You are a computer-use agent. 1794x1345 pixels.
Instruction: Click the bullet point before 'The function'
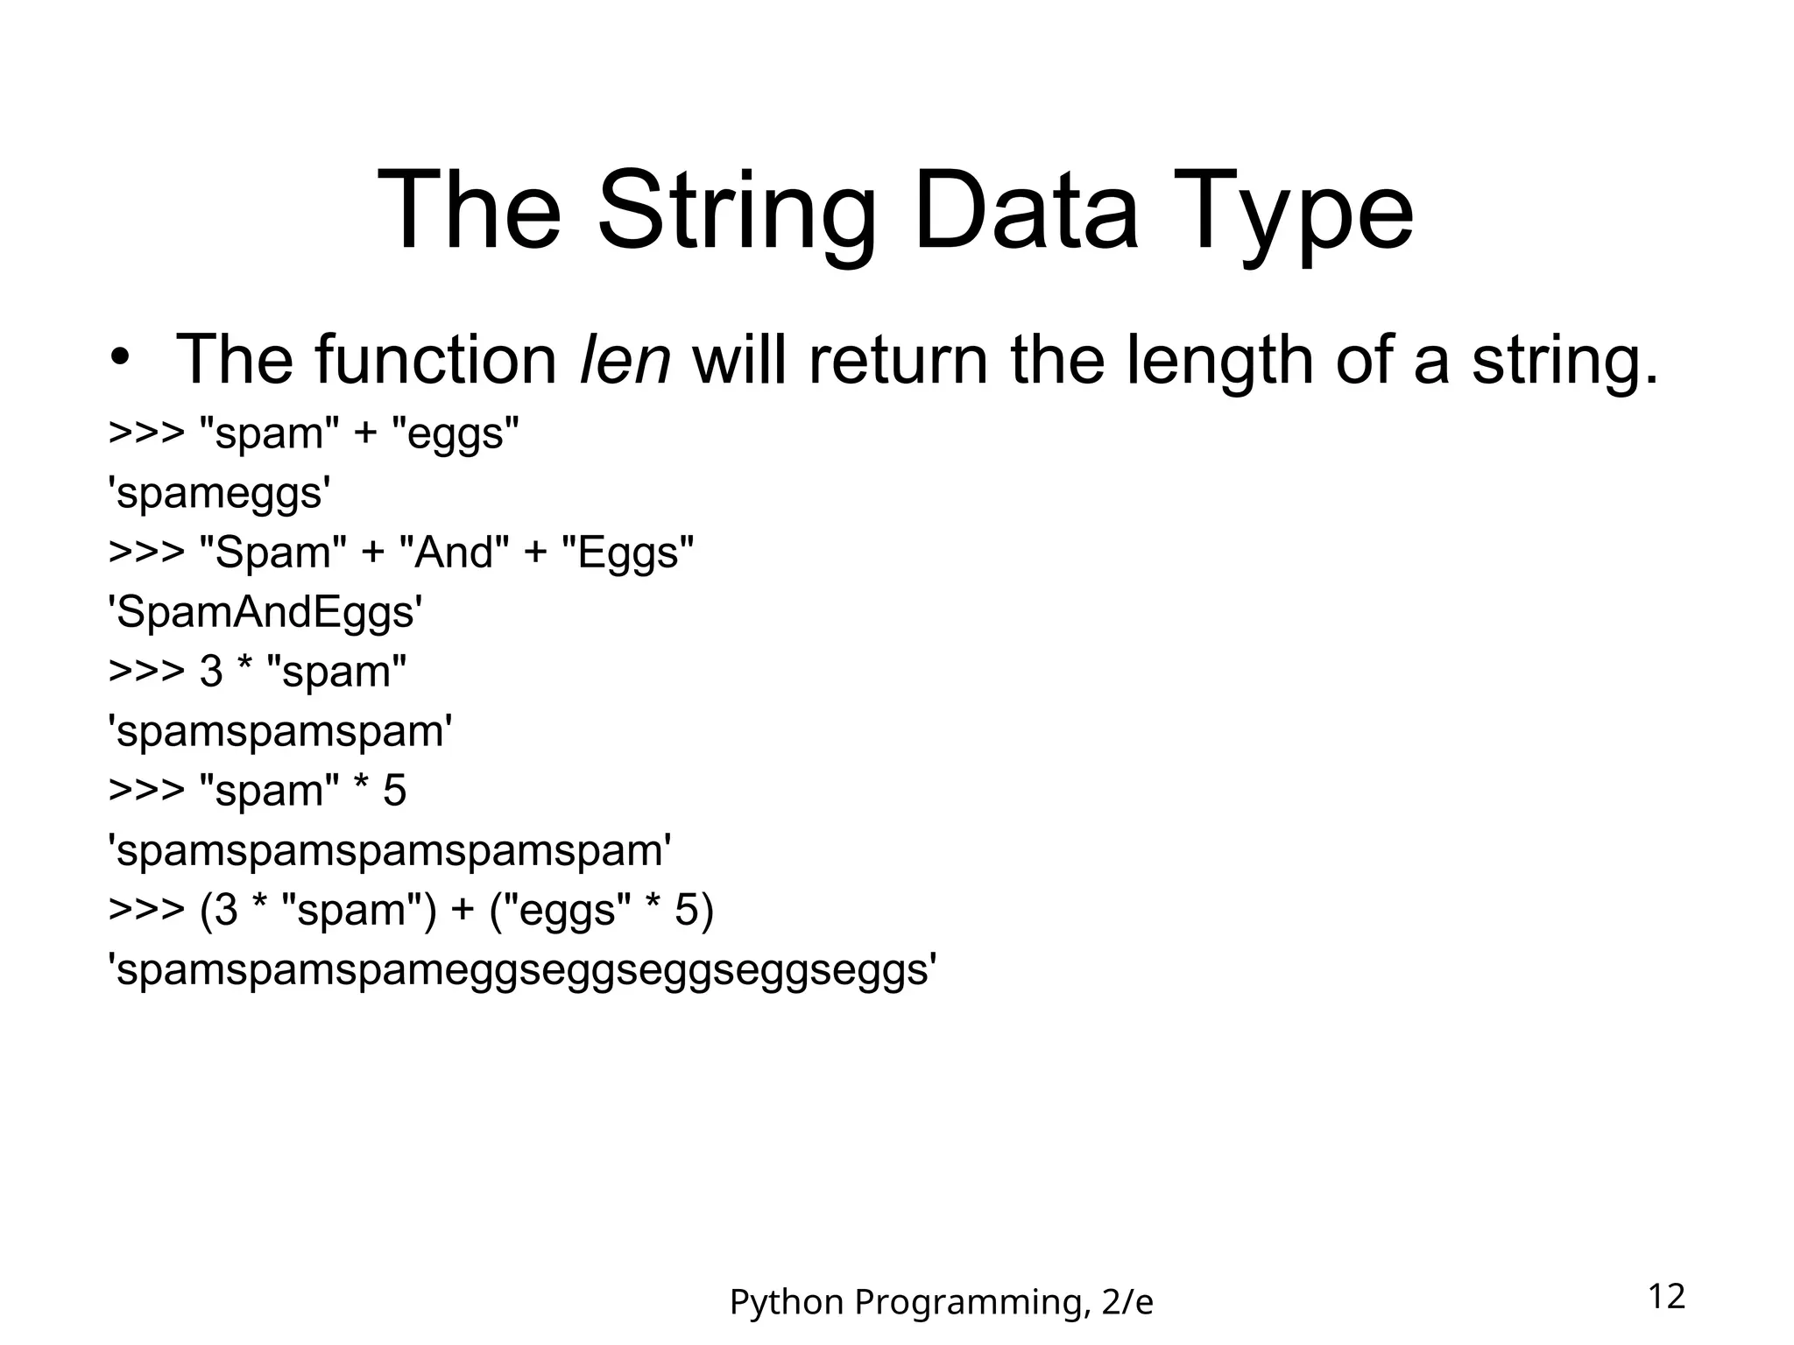click(120, 360)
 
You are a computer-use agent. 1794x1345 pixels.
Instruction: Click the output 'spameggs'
click(219, 494)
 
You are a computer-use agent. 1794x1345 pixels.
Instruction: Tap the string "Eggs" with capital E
click(627, 553)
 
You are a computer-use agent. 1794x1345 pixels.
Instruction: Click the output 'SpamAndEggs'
click(265, 612)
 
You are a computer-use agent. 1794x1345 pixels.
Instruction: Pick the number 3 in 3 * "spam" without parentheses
click(211, 672)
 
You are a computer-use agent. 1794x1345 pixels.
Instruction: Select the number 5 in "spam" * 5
click(395, 791)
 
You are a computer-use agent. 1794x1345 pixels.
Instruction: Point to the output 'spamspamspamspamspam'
click(389, 850)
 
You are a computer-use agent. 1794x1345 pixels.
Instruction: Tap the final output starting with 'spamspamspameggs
click(522, 969)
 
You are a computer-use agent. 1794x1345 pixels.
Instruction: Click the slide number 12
click(1666, 1296)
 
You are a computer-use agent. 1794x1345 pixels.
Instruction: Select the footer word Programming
click(972, 1303)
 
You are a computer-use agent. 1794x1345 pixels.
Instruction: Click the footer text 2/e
click(1127, 1303)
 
